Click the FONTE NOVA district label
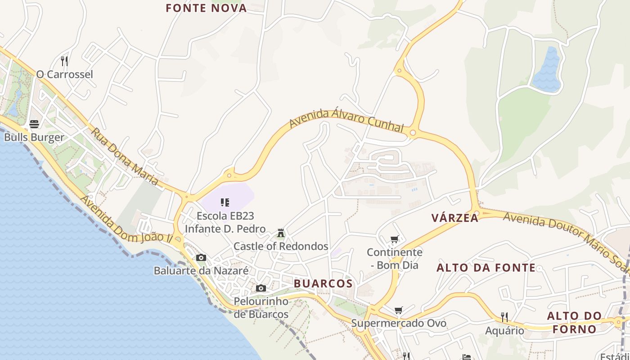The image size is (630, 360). tap(206, 8)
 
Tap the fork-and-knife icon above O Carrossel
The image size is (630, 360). tap(64, 60)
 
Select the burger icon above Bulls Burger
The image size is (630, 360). tap(34, 124)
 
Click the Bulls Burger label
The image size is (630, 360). tap(34, 137)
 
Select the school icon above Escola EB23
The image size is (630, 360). tap(225, 202)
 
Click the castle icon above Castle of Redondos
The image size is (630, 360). tap(281, 233)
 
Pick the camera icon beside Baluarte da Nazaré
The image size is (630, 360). tap(201, 258)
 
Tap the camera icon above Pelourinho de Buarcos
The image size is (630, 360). tap(261, 288)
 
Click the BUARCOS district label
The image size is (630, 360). tap(323, 283)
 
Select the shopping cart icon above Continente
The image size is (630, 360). tap(395, 239)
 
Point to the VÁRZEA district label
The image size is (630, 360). tap(454, 218)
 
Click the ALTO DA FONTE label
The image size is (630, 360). tap(486, 268)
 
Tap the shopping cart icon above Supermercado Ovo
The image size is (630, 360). tap(398, 310)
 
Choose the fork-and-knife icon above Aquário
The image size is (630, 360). tap(504, 317)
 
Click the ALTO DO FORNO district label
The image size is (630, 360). tap(574, 322)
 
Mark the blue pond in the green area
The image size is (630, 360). tap(547, 71)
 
